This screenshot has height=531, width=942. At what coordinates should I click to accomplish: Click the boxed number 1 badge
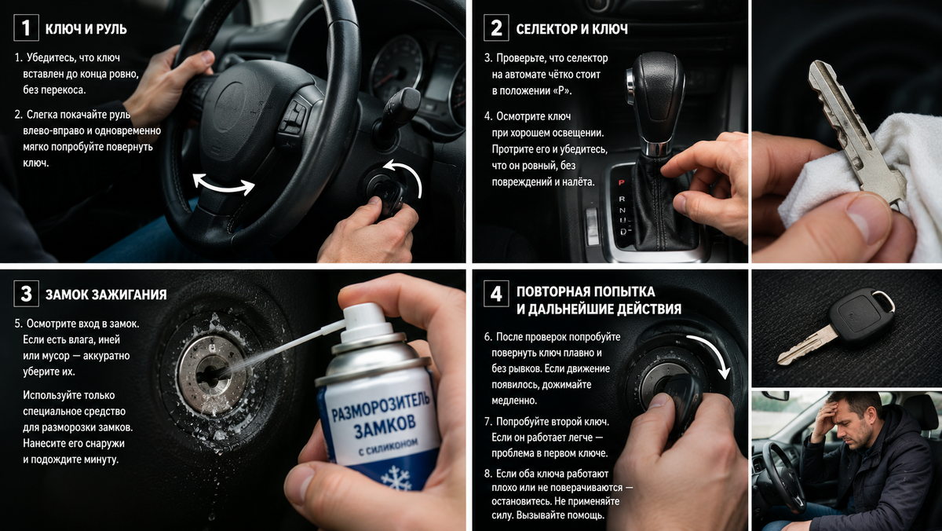26,27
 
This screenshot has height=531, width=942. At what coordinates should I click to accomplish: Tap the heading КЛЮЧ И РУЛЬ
86,29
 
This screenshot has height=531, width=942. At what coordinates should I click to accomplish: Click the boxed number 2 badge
496,27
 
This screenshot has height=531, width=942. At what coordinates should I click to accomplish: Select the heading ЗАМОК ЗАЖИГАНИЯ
106,295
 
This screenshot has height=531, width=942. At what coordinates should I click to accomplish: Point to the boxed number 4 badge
496,294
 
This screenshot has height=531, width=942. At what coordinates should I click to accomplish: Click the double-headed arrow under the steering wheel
223,185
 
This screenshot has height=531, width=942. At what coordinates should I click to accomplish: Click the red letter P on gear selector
621,182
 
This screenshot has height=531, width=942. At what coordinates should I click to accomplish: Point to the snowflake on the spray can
396,478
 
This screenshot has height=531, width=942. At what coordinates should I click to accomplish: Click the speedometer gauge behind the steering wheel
396,69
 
